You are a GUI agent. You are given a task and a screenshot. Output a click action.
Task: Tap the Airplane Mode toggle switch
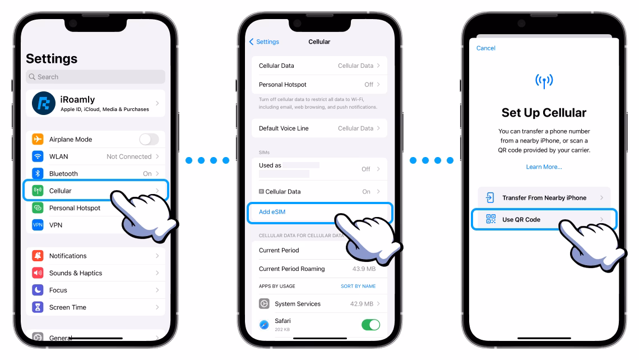tap(149, 139)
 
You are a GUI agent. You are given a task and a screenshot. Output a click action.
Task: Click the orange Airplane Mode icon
tap(38, 139)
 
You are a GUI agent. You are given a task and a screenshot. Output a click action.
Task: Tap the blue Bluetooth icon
tap(38, 173)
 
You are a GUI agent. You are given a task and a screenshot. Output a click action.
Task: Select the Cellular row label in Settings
tap(61, 191)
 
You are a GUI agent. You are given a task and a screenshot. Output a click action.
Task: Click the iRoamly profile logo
tap(44, 103)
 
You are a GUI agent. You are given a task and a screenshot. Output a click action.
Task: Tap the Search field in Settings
tap(95, 77)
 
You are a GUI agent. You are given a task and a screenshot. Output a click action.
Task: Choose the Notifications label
tap(68, 256)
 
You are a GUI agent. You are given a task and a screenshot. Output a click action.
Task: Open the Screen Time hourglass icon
tap(38, 307)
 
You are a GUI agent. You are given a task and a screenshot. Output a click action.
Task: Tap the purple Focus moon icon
tap(38, 290)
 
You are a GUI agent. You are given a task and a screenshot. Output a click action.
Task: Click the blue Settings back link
tap(264, 41)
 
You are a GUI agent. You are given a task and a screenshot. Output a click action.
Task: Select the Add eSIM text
tap(272, 212)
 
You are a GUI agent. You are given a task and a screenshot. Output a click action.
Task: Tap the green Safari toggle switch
tap(371, 325)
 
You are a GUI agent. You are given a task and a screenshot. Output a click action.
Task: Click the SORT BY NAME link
tap(358, 286)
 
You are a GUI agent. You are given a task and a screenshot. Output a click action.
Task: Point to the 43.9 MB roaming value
tap(364, 269)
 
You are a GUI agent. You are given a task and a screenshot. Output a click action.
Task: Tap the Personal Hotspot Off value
tap(369, 85)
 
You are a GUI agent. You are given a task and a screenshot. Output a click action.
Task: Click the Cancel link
tap(486, 48)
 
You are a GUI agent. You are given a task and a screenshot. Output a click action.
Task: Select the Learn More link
tap(544, 167)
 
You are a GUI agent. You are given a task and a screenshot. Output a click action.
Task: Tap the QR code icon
tap(490, 219)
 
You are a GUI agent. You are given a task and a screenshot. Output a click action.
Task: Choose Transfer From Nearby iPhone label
tap(544, 198)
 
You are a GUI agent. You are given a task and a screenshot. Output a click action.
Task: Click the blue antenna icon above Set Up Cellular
tap(544, 81)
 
